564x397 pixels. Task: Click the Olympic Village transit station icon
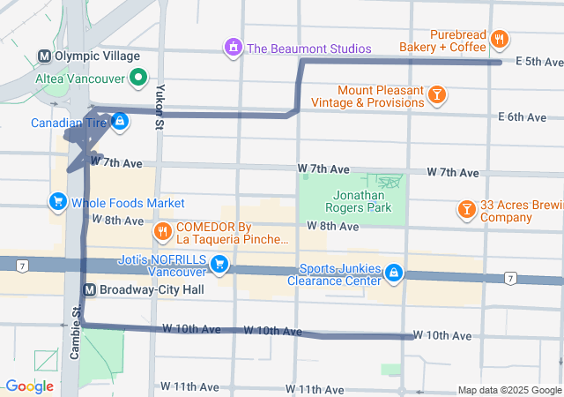coord(44,56)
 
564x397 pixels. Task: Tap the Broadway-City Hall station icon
coord(89,289)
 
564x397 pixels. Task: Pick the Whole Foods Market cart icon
coord(58,203)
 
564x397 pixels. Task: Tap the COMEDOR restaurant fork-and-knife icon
coord(162,232)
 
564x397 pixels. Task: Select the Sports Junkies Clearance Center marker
coord(395,274)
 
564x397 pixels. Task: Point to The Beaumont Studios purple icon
coord(234,48)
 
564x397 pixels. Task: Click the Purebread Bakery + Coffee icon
coord(499,39)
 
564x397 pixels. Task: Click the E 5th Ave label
coord(538,62)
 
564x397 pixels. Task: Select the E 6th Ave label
coord(523,116)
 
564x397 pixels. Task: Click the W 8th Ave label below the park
coord(332,227)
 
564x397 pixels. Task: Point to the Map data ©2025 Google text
coord(508,390)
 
